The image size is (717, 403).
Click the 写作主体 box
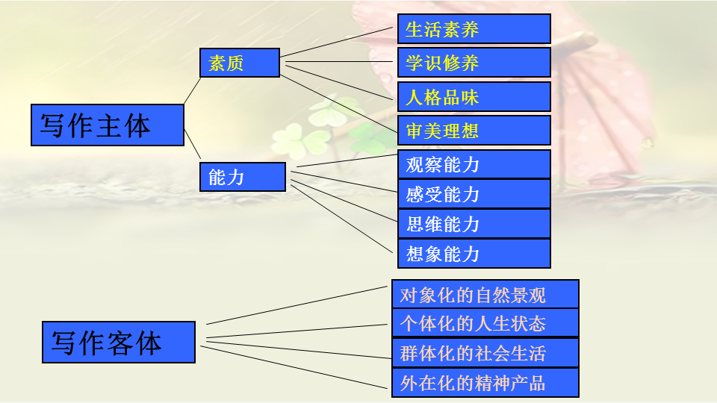coord(108,125)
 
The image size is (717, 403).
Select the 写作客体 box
coord(119,342)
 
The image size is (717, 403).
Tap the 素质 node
coord(239,63)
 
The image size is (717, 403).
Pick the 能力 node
coord(243,177)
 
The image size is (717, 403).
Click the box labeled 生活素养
coord(474,29)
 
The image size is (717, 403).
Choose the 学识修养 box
coord(474,63)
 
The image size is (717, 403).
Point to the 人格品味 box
coord(474,97)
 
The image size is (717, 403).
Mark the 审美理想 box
coord(474,131)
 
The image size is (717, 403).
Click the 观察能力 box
coord(474,164)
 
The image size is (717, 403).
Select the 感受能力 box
coord(474,194)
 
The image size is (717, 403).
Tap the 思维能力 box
coord(474,224)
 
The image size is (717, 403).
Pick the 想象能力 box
coord(474,254)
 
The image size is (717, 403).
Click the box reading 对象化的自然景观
coord(485,294)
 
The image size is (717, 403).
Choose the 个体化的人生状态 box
coord(485,322)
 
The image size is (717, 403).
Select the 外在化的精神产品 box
coord(485,383)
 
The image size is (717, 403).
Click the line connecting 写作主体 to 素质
coord(192,90)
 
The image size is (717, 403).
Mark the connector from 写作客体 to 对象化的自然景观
coord(299,304)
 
